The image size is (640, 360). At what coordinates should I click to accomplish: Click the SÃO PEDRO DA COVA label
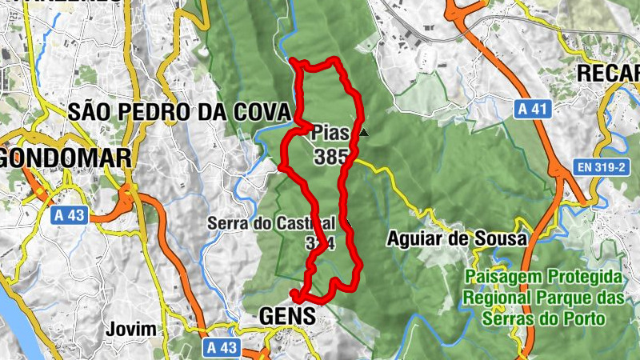pyautogui.click(x=178, y=112)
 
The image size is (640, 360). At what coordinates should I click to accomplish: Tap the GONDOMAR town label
pyautogui.click(x=66, y=158)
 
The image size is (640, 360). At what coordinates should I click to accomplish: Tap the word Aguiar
pyautogui.click(x=415, y=238)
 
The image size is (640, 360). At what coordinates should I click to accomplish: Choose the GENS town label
pyautogui.click(x=287, y=318)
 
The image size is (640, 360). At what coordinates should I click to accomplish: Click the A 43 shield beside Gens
pyautogui.click(x=222, y=347)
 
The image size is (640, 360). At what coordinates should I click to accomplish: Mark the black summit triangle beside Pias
pyautogui.click(x=364, y=133)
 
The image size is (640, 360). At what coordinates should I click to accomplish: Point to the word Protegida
pyautogui.click(x=585, y=277)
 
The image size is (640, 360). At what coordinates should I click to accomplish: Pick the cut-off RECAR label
pyautogui.click(x=609, y=73)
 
